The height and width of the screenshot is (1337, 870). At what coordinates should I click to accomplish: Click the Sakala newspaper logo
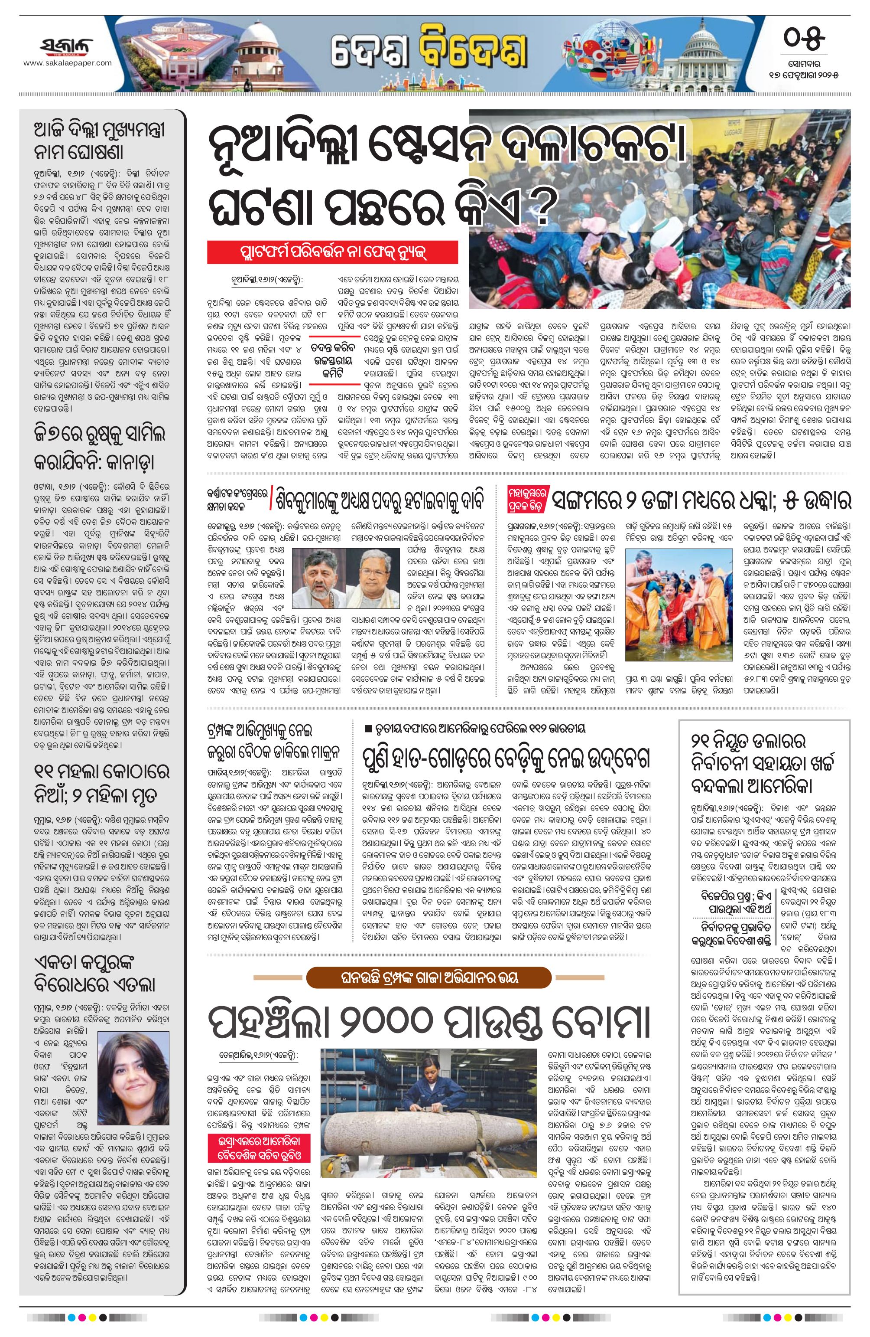click(67, 46)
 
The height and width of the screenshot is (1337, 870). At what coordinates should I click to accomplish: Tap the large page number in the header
click(804, 39)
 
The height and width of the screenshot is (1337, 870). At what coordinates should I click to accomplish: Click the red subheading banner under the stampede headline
click(332, 252)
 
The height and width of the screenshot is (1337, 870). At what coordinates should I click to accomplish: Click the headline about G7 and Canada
click(94, 449)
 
